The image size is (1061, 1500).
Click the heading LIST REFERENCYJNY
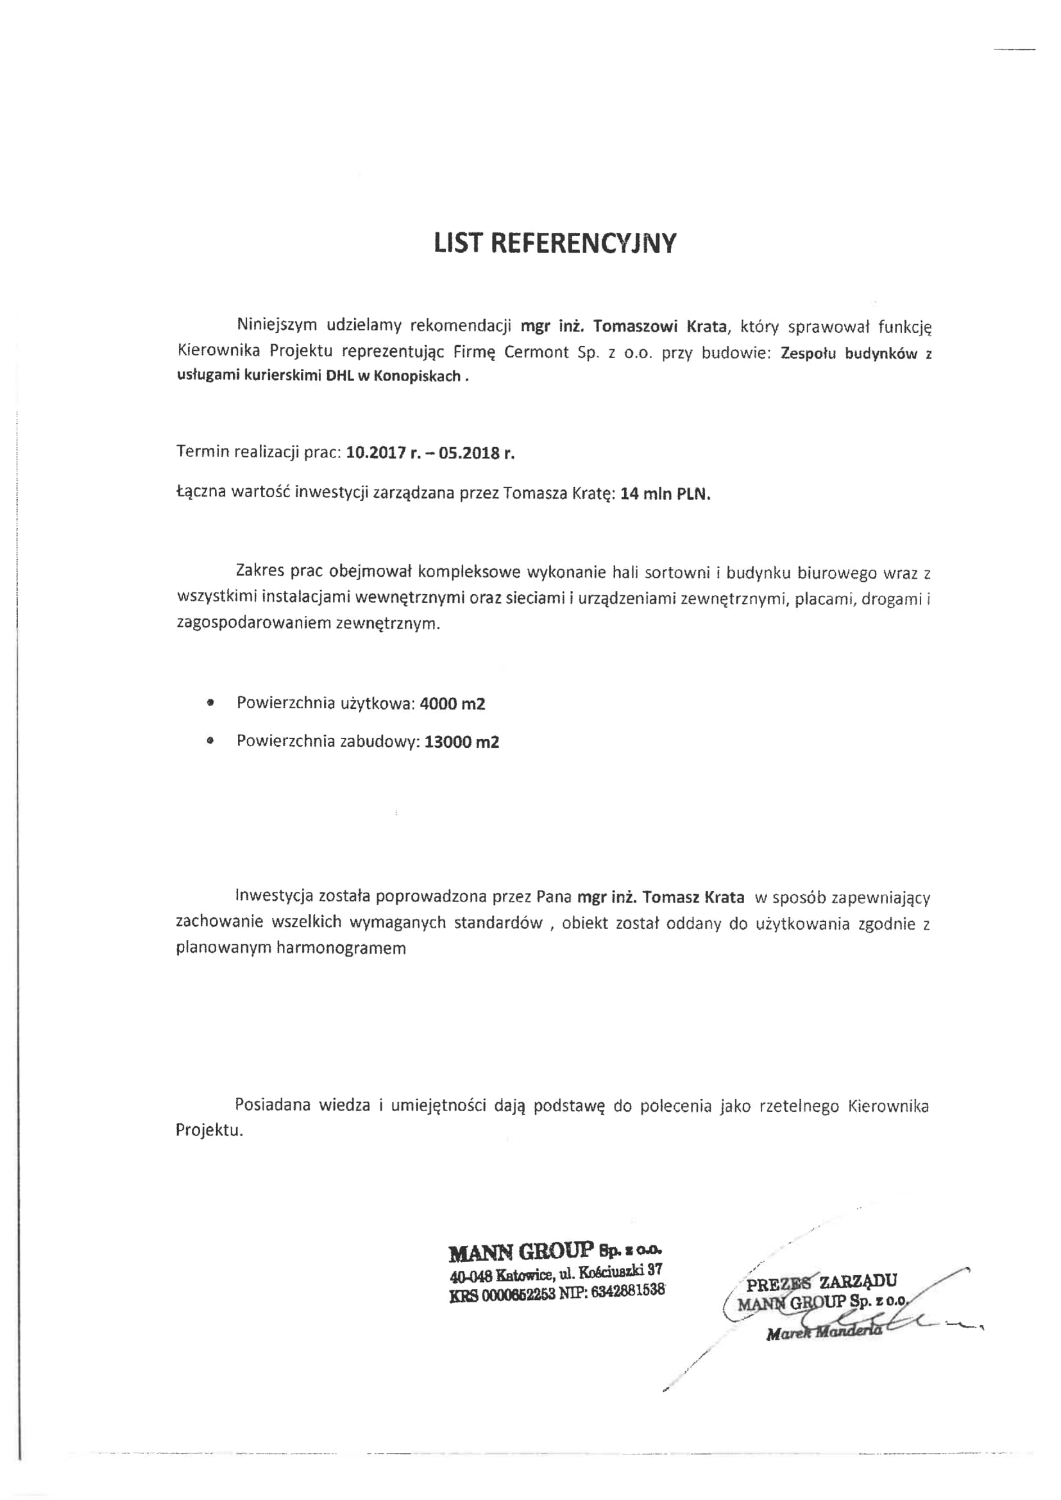pyautogui.click(x=555, y=243)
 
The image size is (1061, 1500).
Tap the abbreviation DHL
pyautogui.click(x=339, y=377)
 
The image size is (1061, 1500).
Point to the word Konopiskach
pyautogui.click(x=417, y=377)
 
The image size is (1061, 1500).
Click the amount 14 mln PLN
pyautogui.click(x=665, y=493)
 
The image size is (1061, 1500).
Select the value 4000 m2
pyautogui.click(x=452, y=704)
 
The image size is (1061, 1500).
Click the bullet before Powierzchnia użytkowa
pyautogui.click(x=210, y=704)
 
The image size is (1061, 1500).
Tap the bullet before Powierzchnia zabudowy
pyautogui.click(x=210, y=742)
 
